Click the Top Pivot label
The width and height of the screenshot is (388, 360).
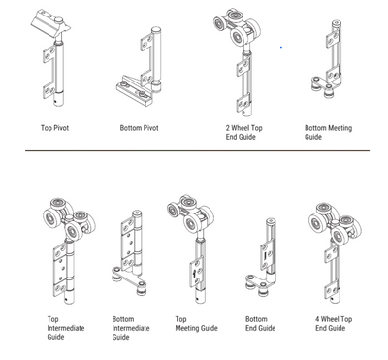point(54,128)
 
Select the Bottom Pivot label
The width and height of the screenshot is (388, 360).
point(139,128)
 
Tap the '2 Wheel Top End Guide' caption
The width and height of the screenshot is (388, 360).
point(243,132)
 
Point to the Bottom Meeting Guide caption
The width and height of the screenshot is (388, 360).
point(328,132)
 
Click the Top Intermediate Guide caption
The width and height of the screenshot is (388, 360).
point(66,328)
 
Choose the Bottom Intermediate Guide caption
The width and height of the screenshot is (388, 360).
point(131,328)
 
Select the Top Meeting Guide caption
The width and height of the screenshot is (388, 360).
point(196,324)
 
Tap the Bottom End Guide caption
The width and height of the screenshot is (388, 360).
point(260,324)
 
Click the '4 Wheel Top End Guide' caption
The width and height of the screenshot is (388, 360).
point(334,324)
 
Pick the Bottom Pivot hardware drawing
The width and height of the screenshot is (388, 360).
point(139,66)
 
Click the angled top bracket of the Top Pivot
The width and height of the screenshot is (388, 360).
point(50,23)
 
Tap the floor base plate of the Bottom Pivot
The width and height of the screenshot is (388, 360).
point(134,91)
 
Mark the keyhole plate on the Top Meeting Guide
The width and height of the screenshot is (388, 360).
point(196,273)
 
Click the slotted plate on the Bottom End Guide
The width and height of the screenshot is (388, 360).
point(265,256)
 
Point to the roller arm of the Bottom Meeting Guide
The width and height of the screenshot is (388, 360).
point(324,84)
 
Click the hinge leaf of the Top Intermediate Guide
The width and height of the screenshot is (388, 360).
point(60,269)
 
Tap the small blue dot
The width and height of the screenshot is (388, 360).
point(281,48)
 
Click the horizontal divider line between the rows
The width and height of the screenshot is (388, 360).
point(197,150)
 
